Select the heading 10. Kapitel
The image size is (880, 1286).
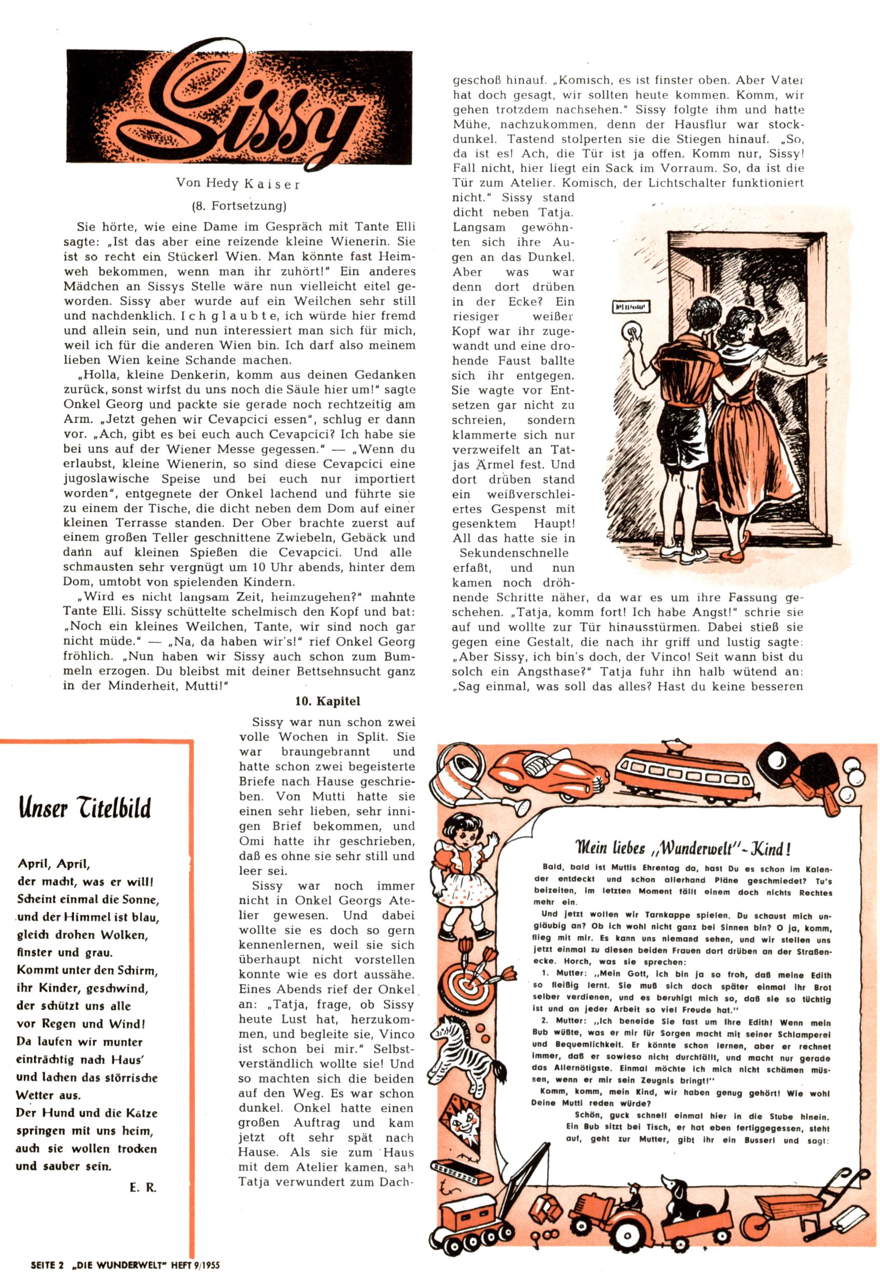point(327,702)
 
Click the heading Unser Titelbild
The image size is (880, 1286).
point(85,808)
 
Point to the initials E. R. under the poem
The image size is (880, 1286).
point(143,1187)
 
